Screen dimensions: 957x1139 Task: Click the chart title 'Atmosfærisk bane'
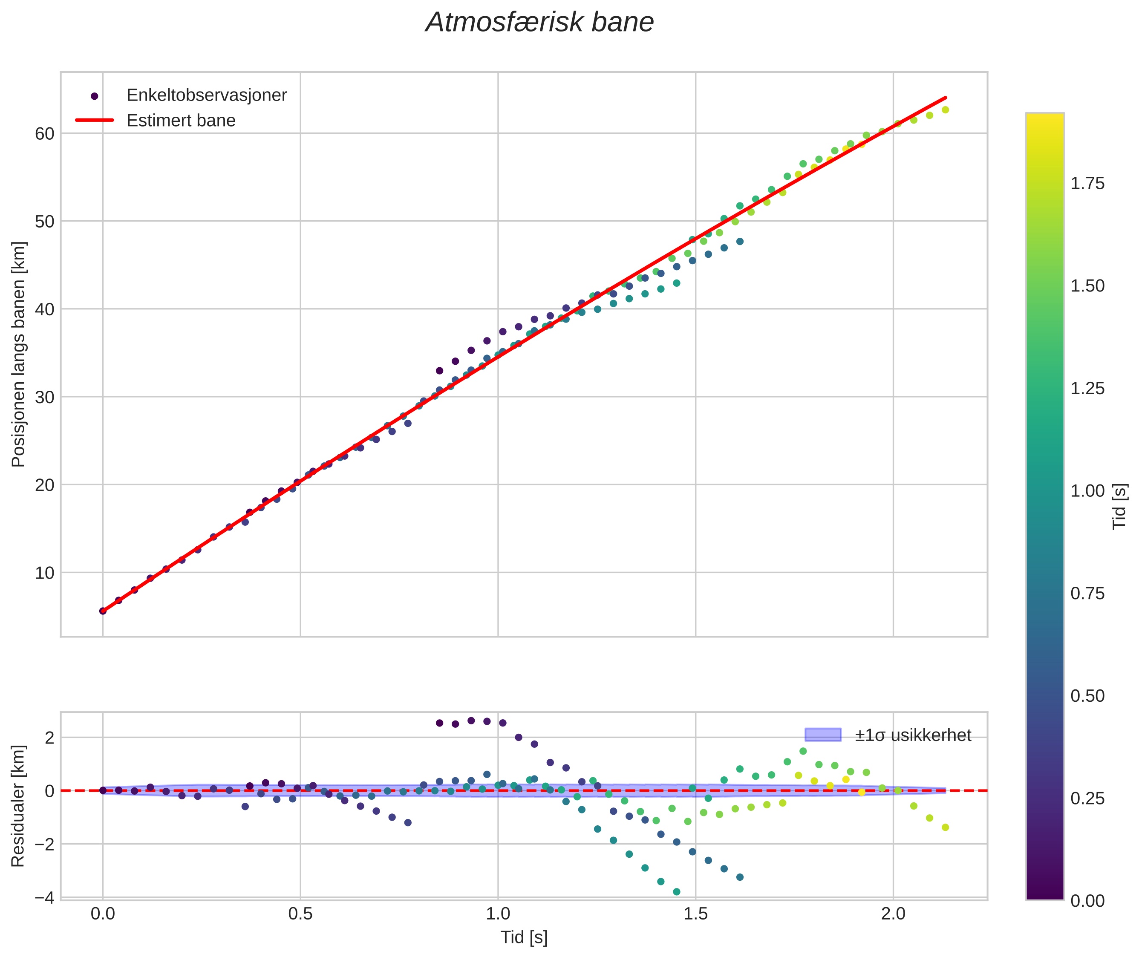point(539,23)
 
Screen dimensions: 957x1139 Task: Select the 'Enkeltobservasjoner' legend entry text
point(206,95)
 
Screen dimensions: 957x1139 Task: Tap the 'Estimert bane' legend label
point(181,121)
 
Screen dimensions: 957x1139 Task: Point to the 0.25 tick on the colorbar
point(1087,798)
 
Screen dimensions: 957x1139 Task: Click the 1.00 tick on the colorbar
point(1087,491)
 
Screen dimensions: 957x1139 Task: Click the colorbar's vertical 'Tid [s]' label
point(1119,506)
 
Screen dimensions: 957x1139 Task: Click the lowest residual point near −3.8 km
point(676,892)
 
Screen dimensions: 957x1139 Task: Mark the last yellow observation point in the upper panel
point(945,110)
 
